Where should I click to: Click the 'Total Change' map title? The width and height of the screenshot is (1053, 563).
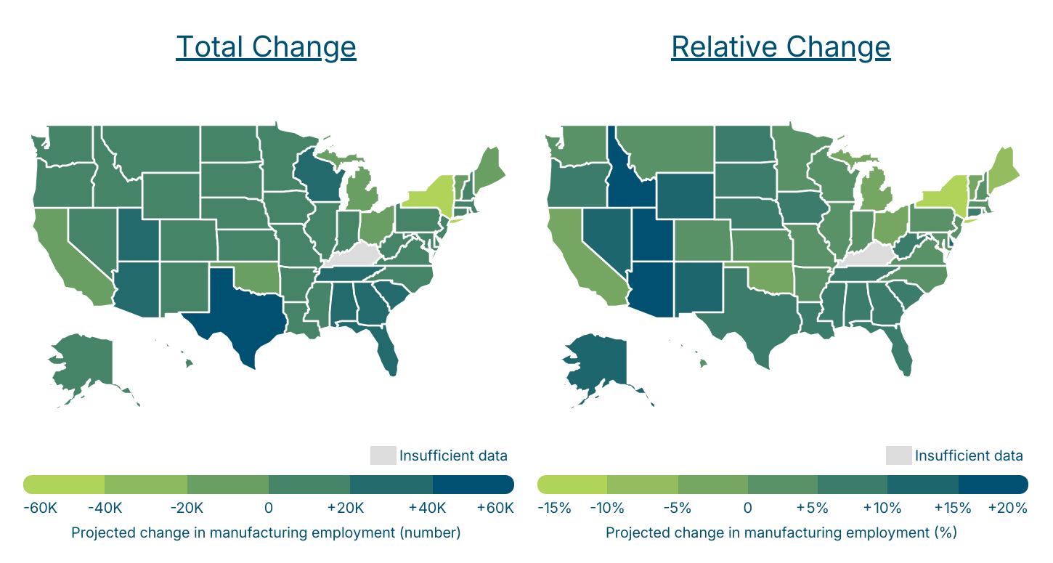point(266,47)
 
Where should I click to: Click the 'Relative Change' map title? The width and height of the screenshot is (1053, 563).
point(781,47)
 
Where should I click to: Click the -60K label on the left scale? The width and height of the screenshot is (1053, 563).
point(40,508)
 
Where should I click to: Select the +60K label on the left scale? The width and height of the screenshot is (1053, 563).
point(495,508)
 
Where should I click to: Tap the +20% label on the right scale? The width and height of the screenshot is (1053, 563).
point(1008,508)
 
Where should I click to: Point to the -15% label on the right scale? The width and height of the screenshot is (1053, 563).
point(555,508)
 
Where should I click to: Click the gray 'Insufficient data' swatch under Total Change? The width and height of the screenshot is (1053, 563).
point(383,455)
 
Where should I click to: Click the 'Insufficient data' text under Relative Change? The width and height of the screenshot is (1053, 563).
point(969,455)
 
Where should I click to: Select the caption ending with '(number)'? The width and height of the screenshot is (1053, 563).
point(266,533)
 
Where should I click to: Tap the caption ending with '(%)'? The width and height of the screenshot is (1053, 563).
point(781,533)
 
